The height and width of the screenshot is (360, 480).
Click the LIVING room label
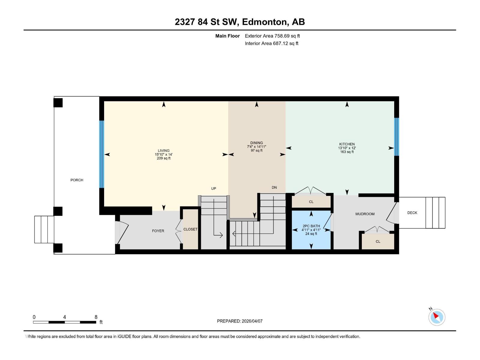(x=163, y=151)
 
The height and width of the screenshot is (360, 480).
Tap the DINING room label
(x=256, y=143)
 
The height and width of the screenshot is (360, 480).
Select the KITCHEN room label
(x=347, y=144)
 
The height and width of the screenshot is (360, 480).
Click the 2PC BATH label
(x=311, y=226)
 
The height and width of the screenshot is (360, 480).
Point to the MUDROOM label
(x=365, y=214)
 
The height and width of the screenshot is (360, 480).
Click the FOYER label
(x=158, y=231)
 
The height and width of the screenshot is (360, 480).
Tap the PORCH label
(x=77, y=180)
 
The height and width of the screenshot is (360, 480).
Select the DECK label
(x=412, y=213)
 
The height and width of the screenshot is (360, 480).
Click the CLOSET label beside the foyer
(x=190, y=229)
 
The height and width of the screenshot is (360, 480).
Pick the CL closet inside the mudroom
(x=378, y=241)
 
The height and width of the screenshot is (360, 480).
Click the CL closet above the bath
(x=311, y=202)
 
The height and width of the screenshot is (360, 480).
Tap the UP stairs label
(x=214, y=188)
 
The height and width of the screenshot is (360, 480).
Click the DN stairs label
(x=274, y=187)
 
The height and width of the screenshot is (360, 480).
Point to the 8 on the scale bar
(x=96, y=317)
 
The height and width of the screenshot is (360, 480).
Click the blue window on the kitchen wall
(x=397, y=137)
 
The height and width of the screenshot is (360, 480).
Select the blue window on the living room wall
(x=102, y=154)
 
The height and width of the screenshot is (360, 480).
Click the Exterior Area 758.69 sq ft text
(x=272, y=36)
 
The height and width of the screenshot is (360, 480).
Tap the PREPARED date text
(x=240, y=321)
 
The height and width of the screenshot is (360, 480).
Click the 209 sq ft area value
(x=163, y=158)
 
